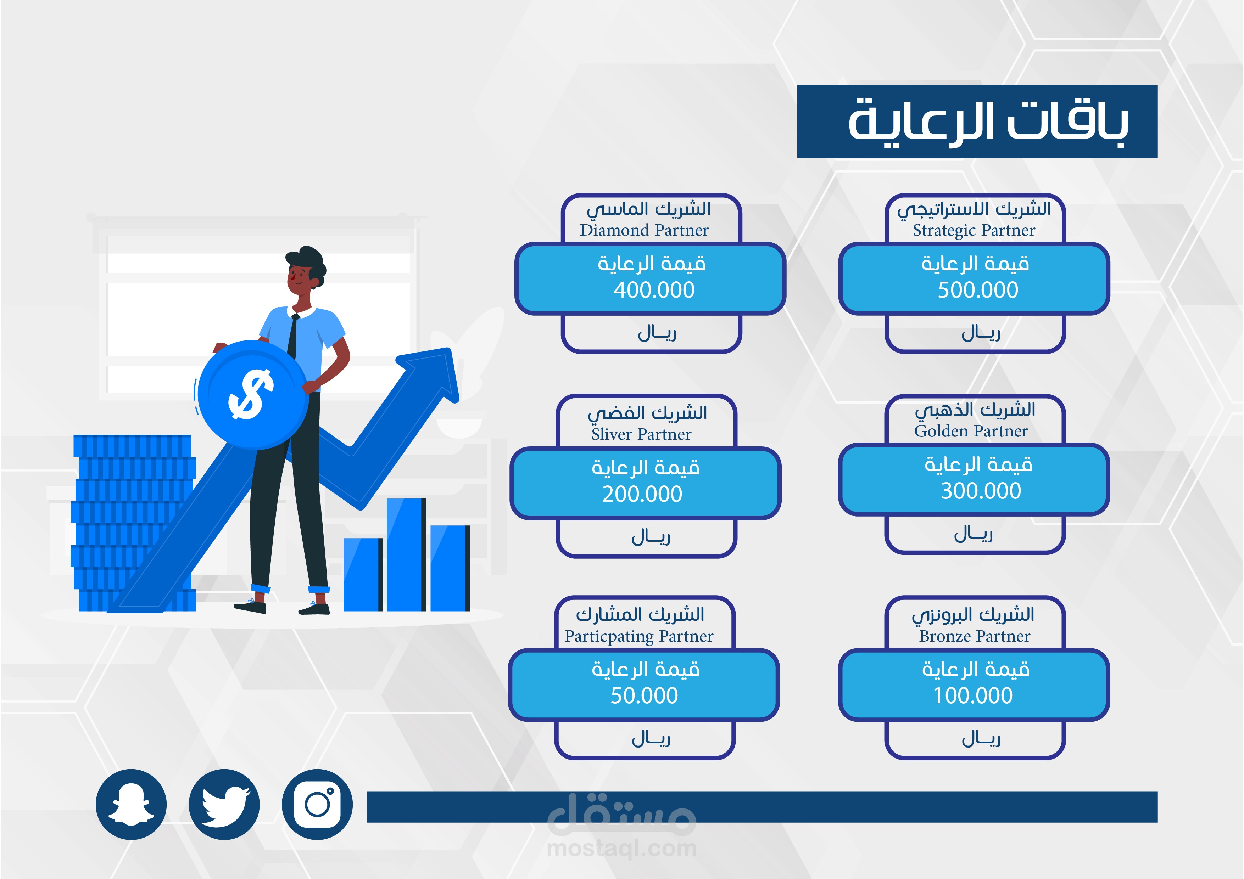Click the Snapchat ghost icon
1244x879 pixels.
[131, 804]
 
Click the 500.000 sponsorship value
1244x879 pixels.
[978, 290]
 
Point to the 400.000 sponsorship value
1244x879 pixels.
[654, 290]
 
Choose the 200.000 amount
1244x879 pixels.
[642, 494]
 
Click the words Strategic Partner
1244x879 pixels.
[974, 231]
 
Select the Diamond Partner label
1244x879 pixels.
[644, 230]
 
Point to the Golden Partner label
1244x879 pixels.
[971, 431]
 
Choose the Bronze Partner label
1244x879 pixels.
[975, 636]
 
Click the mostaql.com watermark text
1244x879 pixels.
[622, 849]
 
